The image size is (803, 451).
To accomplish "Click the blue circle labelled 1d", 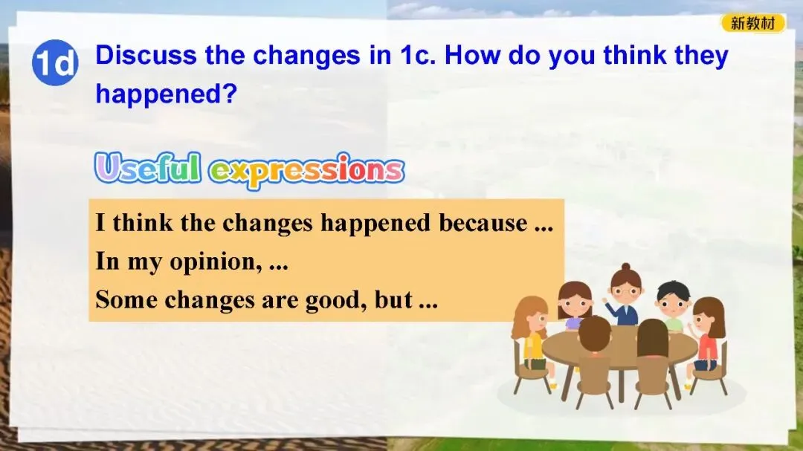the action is pyautogui.click(x=55, y=62).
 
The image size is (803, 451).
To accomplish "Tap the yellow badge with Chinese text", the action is pyautogui.click(x=752, y=23).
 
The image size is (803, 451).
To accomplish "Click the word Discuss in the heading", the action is pyautogui.click(x=146, y=55).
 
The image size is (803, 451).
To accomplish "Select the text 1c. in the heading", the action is pyautogui.click(x=417, y=55).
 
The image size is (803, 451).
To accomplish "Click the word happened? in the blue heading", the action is pyautogui.click(x=167, y=94).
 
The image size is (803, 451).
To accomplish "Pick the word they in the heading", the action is pyautogui.click(x=701, y=56).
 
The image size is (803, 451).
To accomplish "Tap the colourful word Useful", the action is pyautogui.click(x=147, y=167).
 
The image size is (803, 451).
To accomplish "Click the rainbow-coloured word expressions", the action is pyautogui.click(x=307, y=170).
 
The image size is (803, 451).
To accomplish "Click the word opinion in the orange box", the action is pyautogui.click(x=213, y=262).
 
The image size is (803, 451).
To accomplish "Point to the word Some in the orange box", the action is pyautogui.click(x=126, y=299).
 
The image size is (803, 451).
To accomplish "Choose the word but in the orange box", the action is pyautogui.click(x=393, y=299).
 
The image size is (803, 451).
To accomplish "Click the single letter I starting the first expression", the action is pyautogui.click(x=100, y=223).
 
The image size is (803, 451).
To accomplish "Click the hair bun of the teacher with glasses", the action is pyautogui.click(x=625, y=267).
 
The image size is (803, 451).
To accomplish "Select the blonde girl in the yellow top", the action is pyautogui.click(x=532, y=335).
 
